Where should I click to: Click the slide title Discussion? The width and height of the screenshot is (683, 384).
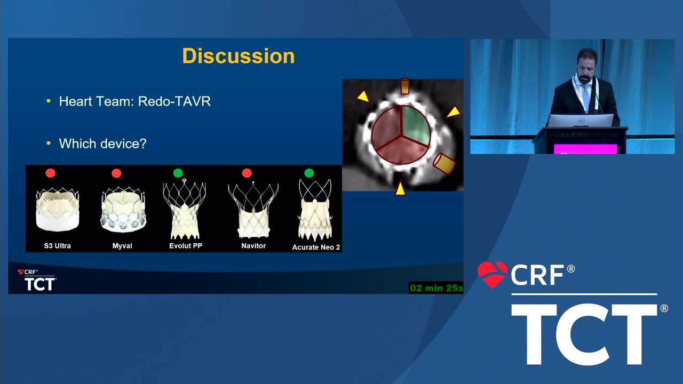click(239, 56)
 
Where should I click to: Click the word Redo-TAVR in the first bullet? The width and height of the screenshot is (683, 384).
click(174, 101)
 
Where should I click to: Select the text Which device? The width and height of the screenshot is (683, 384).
click(103, 143)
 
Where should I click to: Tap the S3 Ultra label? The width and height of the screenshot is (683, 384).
click(57, 246)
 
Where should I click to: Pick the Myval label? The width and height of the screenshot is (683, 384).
click(122, 246)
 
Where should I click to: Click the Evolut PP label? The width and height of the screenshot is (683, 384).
click(186, 246)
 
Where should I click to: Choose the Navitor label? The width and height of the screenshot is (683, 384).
click(253, 246)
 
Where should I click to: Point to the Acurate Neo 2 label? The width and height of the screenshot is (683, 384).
click(316, 247)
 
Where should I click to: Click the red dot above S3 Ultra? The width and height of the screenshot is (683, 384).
click(51, 173)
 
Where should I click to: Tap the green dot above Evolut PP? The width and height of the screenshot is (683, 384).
click(178, 173)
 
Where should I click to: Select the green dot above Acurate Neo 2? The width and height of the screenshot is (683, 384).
click(309, 173)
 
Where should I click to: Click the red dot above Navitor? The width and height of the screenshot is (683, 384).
click(247, 173)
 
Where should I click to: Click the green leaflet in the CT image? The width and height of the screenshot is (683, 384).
click(415, 124)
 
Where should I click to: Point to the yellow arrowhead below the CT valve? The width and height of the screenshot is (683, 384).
click(400, 189)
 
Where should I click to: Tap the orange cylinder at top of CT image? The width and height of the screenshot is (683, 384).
click(405, 86)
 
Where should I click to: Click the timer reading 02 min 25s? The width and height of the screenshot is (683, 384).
click(436, 288)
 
